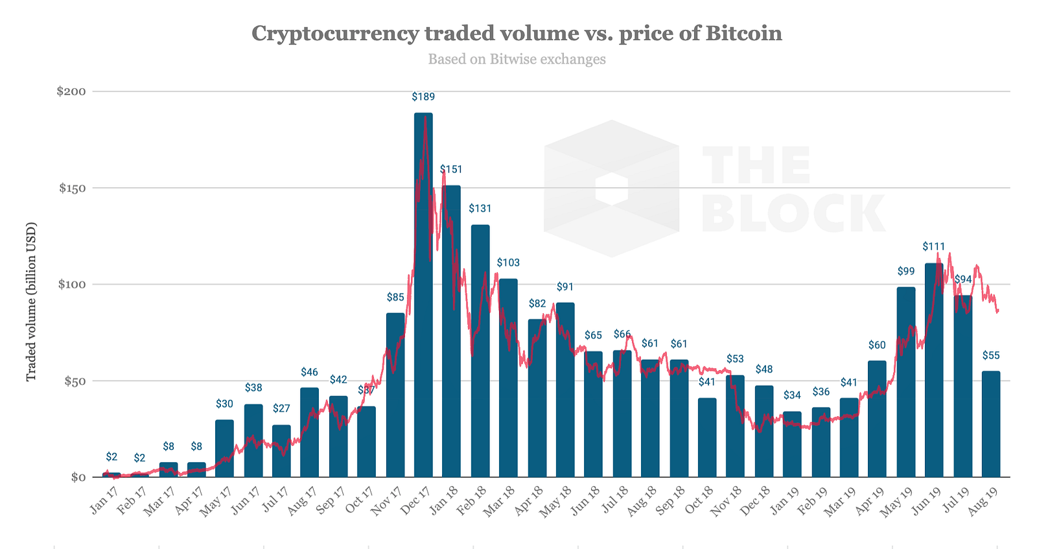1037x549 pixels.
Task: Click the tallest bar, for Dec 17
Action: (x=423, y=295)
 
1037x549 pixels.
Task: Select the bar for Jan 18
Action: (x=451, y=331)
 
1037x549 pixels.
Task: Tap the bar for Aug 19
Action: (x=991, y=424)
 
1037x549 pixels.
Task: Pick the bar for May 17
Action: (x=224, y=449)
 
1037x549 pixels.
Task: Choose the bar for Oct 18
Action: (x=707, y=438)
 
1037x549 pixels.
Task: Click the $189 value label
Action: (x=423, y=97)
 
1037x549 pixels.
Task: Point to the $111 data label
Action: (x=933, y=246)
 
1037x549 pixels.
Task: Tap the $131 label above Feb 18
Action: (x=480, y=208)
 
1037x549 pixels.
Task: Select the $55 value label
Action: (x=991, y=355)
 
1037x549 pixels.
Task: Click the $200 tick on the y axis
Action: (x=71, y=91)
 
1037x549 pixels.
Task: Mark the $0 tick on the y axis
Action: (x=78, y=477)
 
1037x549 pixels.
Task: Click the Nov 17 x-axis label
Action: (x=386, y=500)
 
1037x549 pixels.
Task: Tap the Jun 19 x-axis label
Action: (x=927, y=500)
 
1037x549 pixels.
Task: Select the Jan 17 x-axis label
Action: (x=104, y=500)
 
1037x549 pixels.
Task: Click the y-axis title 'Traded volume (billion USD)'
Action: (x=31, y=302)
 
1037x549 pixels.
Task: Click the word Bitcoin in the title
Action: (x=743, y=33)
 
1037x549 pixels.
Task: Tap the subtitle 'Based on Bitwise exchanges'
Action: (x=517, y=59)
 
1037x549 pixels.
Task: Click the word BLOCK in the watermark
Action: (x=793, y=213)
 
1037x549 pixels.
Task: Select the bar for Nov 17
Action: (x=395, y=395)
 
